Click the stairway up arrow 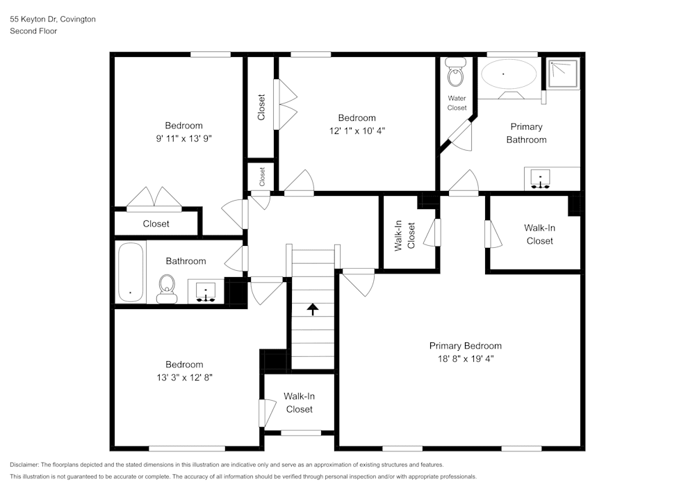[313, 309]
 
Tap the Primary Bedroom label [465, 346]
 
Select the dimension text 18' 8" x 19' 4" [465, 359]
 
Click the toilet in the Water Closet [456, 73]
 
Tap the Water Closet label [457, 103]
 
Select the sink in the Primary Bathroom [541, 178]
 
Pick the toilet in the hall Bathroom [167, 288]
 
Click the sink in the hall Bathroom [206, 292]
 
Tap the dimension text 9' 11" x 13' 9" [183, 138]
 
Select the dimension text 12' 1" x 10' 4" [357, 131]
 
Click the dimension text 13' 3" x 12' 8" [184, 378]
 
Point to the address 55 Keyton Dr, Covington [53, 19]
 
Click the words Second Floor [33, 31]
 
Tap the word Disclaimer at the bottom [24, 465]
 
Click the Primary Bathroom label [526, 133]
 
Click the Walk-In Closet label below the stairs [299, 402]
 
